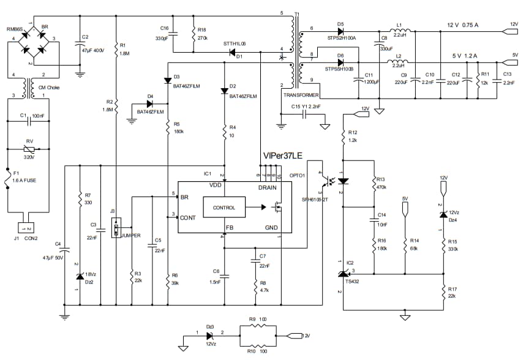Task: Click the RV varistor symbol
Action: click(28, 149)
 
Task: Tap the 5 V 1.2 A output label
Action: click(464, 56)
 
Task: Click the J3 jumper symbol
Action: click(115, 230)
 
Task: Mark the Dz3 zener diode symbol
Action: click(210, 336)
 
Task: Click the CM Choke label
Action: click(43, 88)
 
